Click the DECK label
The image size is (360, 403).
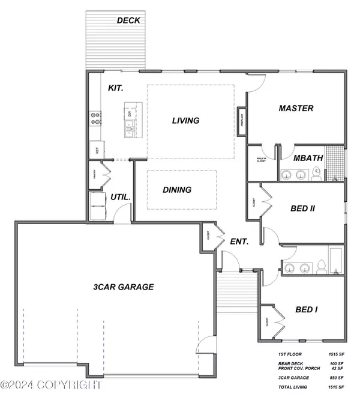128,20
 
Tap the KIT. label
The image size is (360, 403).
115,88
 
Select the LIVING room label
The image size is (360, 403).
185,121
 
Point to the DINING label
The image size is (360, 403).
177,190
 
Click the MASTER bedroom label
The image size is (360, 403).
296,109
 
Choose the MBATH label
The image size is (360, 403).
308,159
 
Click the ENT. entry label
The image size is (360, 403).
239,241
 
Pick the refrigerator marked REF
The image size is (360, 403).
95,150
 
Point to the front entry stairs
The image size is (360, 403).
236,293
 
